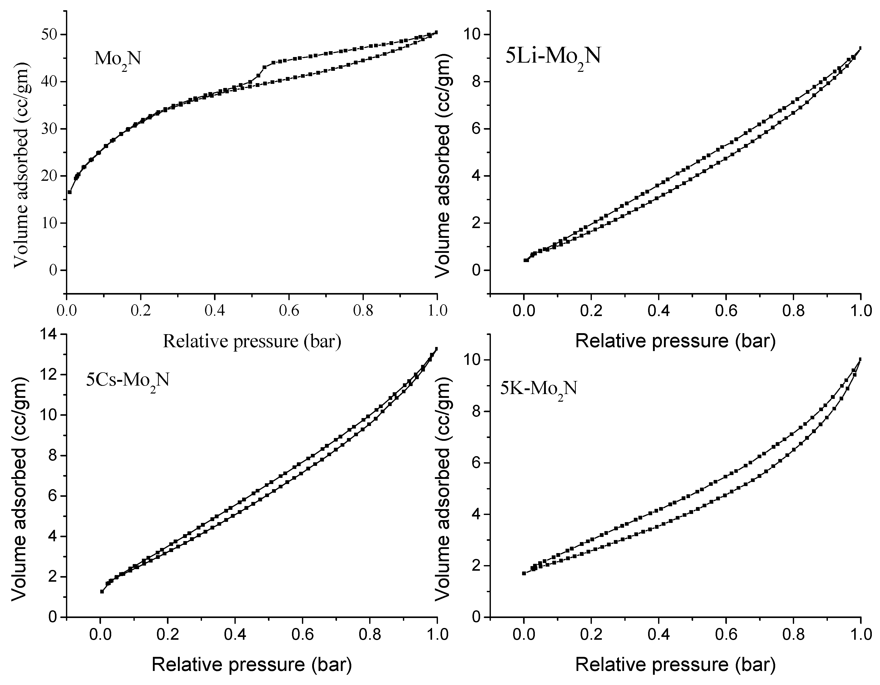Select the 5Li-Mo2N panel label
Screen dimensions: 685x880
(553, 57)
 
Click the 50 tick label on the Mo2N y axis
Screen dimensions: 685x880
(48, 35)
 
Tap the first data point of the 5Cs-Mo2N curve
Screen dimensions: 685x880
(102, 591)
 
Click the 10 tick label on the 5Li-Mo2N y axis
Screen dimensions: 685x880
(471, 35)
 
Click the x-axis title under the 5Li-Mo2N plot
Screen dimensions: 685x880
(675, 341)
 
